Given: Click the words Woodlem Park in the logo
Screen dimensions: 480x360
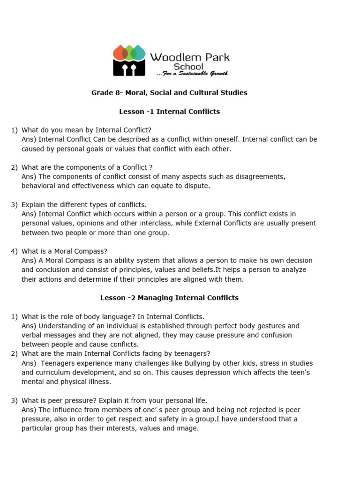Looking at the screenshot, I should [189, 57].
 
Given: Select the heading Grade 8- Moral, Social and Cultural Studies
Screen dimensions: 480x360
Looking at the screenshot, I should [169, 93].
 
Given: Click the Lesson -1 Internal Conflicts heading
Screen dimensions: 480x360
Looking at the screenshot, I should [169, 112].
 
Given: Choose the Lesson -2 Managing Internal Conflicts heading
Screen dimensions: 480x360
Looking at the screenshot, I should [169, 298].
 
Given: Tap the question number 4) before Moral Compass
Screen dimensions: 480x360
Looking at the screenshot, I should [14, 251].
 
